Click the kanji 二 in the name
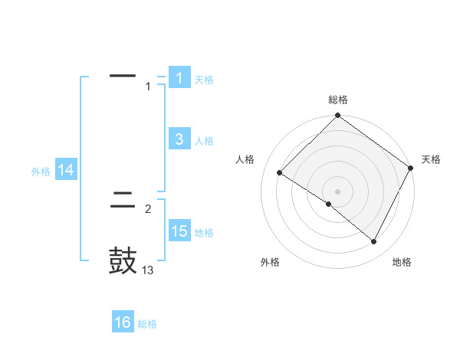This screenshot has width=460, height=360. [123, 202]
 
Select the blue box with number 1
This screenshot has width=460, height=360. [179, 78]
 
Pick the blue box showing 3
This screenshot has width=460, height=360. [179, 139]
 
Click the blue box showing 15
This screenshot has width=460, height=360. [179, 231]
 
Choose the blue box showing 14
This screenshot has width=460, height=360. [66, 171]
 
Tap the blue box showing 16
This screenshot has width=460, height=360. [123, 322]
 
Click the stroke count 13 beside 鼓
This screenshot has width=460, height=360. [148, 270]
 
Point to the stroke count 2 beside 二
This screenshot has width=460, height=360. [148, 208]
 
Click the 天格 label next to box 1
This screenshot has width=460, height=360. [204, 80]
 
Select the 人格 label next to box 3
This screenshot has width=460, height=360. [204, 141]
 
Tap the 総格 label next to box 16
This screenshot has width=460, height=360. [147, 324]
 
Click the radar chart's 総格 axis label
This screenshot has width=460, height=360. [338, 100]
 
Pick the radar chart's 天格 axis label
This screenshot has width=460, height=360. [432, 159]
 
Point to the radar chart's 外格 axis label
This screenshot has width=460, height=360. [270, 262]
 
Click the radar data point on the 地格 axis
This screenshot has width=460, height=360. [374, 242]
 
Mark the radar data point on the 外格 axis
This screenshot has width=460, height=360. [329, 204]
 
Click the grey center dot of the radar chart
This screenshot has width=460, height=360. [338, 191]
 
